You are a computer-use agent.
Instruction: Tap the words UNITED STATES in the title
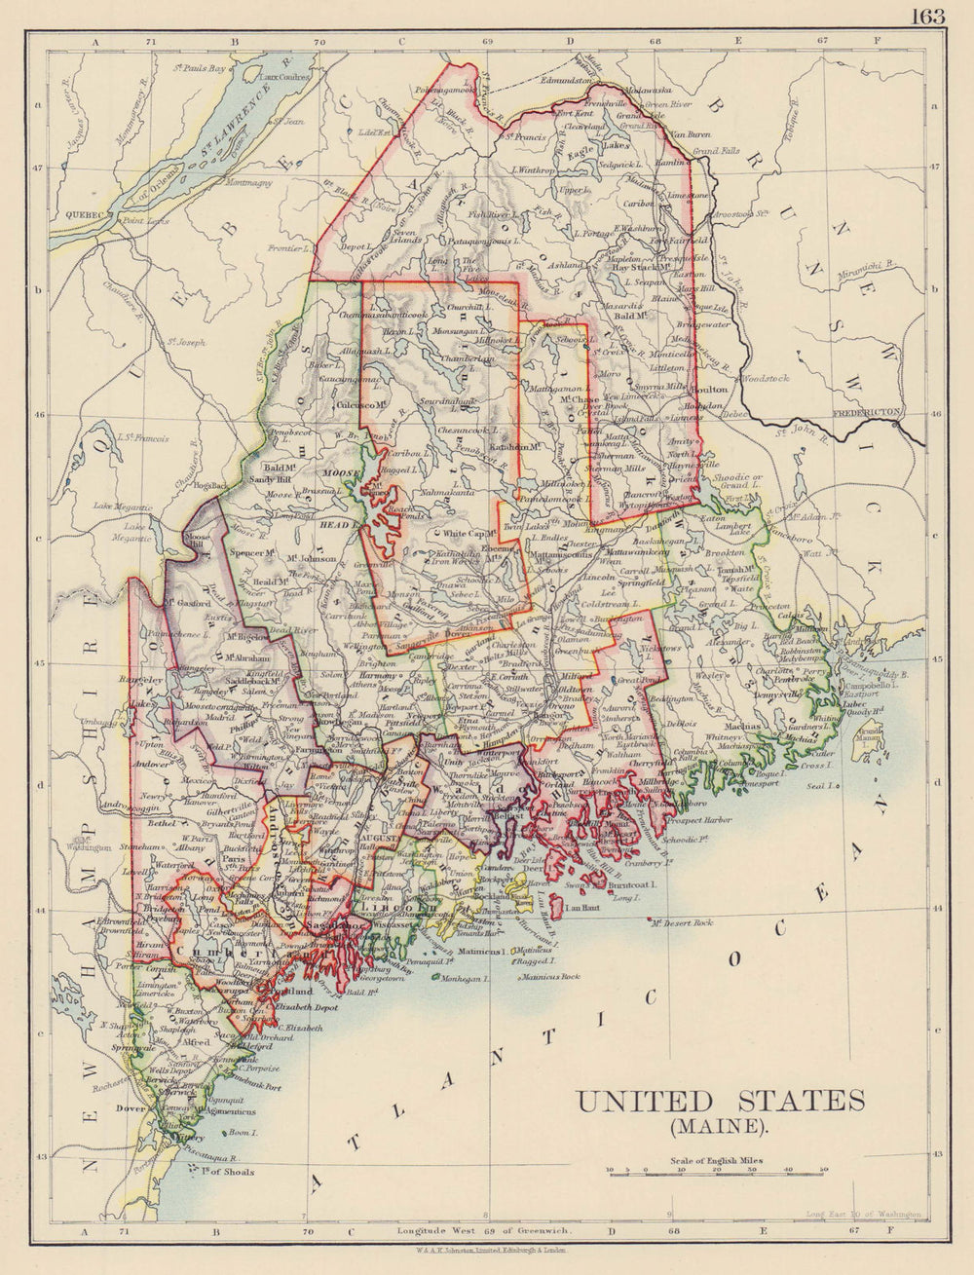pyautogui.click(x=720, y=1102)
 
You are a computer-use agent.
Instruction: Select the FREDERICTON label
pyautogui.click(x=874, y=413)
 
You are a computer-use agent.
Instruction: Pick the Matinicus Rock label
pyautogui.click(x=550, y=976)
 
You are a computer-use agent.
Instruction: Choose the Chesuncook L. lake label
pyautogui.click(x=469, y=430)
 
